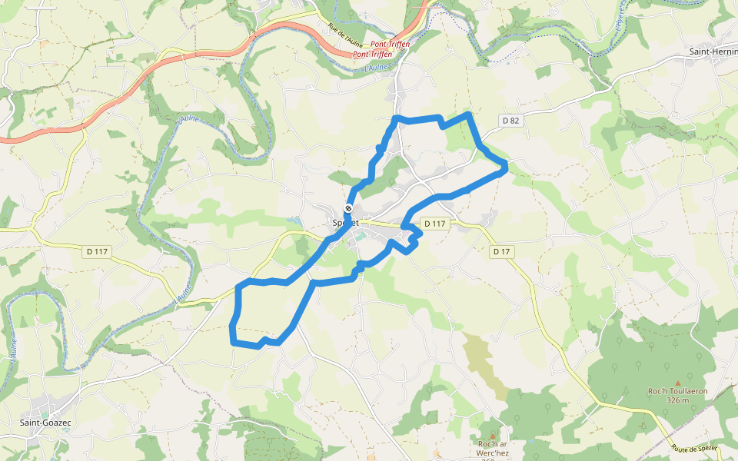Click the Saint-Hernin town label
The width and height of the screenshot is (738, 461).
click(713, 51)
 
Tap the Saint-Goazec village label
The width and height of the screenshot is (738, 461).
click(47, 423)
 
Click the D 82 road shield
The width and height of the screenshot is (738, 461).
click(510, 121)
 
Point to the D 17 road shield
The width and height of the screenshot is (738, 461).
click(501, 251)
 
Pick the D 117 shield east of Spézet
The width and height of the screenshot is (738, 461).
click(434, 224)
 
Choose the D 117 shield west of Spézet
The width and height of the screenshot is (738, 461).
click(97, 251)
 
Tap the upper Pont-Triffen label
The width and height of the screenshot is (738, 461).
click(390, 45)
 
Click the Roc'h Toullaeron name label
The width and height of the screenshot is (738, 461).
click(677, 391)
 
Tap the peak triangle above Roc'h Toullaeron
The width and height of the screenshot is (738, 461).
click(677, 382)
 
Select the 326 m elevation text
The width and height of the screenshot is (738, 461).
click(677, 400)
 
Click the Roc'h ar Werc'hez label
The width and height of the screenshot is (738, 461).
click(493, 444)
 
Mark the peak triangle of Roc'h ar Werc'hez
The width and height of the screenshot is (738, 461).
click(493, 436)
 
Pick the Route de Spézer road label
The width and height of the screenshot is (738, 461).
click(694, 449)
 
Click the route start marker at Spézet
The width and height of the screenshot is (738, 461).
click(348, 208)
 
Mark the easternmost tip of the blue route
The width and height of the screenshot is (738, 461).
click(507, 168)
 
